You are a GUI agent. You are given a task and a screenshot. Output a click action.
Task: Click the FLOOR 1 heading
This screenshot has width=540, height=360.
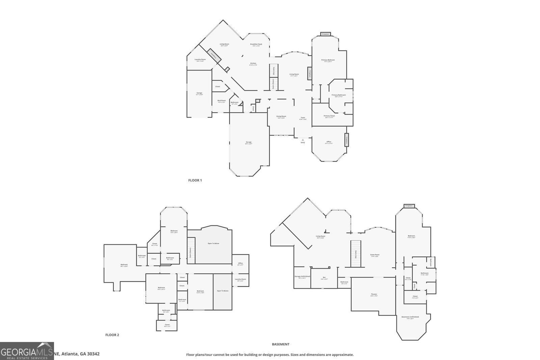[195, 180]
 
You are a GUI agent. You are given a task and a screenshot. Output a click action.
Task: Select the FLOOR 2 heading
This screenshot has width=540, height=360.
[112, 335]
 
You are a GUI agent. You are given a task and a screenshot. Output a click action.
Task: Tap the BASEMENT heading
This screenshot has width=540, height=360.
[280, 344]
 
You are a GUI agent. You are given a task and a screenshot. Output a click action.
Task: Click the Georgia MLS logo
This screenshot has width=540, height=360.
[27, 351]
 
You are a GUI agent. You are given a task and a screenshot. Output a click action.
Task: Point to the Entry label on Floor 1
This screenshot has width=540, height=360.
[303, 142]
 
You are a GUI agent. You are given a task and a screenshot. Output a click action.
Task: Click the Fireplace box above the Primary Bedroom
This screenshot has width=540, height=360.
[325, 34]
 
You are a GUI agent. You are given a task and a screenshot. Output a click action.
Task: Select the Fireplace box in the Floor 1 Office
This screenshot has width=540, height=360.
[346, 139]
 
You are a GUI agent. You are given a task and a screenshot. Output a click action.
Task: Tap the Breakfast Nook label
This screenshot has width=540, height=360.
[256, 44]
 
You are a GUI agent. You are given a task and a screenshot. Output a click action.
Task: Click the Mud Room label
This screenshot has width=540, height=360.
[221, 100]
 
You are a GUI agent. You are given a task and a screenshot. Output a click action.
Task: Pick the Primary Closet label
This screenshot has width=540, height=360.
[329, 116]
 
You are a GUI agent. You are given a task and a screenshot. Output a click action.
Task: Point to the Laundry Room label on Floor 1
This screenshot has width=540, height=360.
[200, 60]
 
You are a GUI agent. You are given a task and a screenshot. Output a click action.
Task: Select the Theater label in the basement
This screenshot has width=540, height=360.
[374, 294]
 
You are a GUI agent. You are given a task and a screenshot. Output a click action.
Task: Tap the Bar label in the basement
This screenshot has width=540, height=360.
[324, 278]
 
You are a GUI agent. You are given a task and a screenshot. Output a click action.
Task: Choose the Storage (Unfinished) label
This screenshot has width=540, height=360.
[302, 276]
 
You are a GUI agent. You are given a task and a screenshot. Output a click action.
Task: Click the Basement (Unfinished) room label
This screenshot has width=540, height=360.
[410, 317]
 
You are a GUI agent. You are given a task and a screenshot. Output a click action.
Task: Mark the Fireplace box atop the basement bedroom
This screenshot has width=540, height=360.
[409, 205]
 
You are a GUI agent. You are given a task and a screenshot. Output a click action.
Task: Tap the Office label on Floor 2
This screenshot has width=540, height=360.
[240, 263]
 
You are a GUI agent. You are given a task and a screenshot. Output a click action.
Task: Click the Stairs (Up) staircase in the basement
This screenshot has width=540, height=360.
[356, 253]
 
